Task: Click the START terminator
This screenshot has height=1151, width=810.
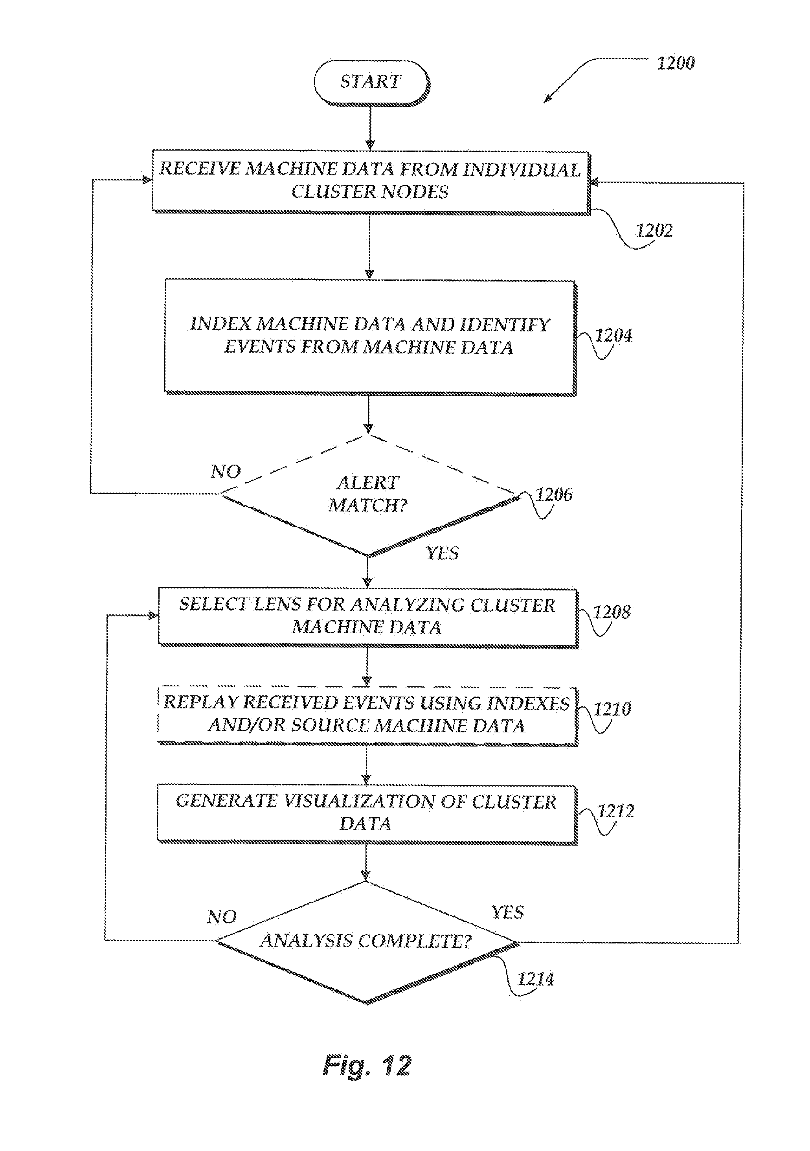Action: (371, 82)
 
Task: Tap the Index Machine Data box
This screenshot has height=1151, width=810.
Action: (369, 336)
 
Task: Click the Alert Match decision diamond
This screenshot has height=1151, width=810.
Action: (368, 495)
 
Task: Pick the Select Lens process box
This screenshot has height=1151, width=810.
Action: (367, 616)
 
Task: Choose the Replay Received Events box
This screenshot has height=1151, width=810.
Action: (367, 714)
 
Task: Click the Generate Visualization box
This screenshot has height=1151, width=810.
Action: (366, 812)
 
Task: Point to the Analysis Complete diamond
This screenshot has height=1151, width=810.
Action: (366, 941)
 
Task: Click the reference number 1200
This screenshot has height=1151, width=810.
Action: (676, 63)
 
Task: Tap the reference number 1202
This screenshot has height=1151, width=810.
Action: (654, 231)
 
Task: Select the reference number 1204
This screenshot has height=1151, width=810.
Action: (613, 335)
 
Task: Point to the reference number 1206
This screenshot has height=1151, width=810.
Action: (553, 495)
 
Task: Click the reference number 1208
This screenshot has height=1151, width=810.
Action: (612, 612)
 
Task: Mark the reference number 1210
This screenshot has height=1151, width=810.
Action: (612, 709)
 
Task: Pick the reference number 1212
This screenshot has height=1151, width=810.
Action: (615, 811)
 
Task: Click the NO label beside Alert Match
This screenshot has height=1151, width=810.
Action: (226, 471)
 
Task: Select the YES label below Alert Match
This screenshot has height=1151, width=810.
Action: (442, 553)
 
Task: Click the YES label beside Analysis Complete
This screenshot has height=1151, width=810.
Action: (507, 912)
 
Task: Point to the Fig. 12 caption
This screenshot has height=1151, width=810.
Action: (367, 1065)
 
